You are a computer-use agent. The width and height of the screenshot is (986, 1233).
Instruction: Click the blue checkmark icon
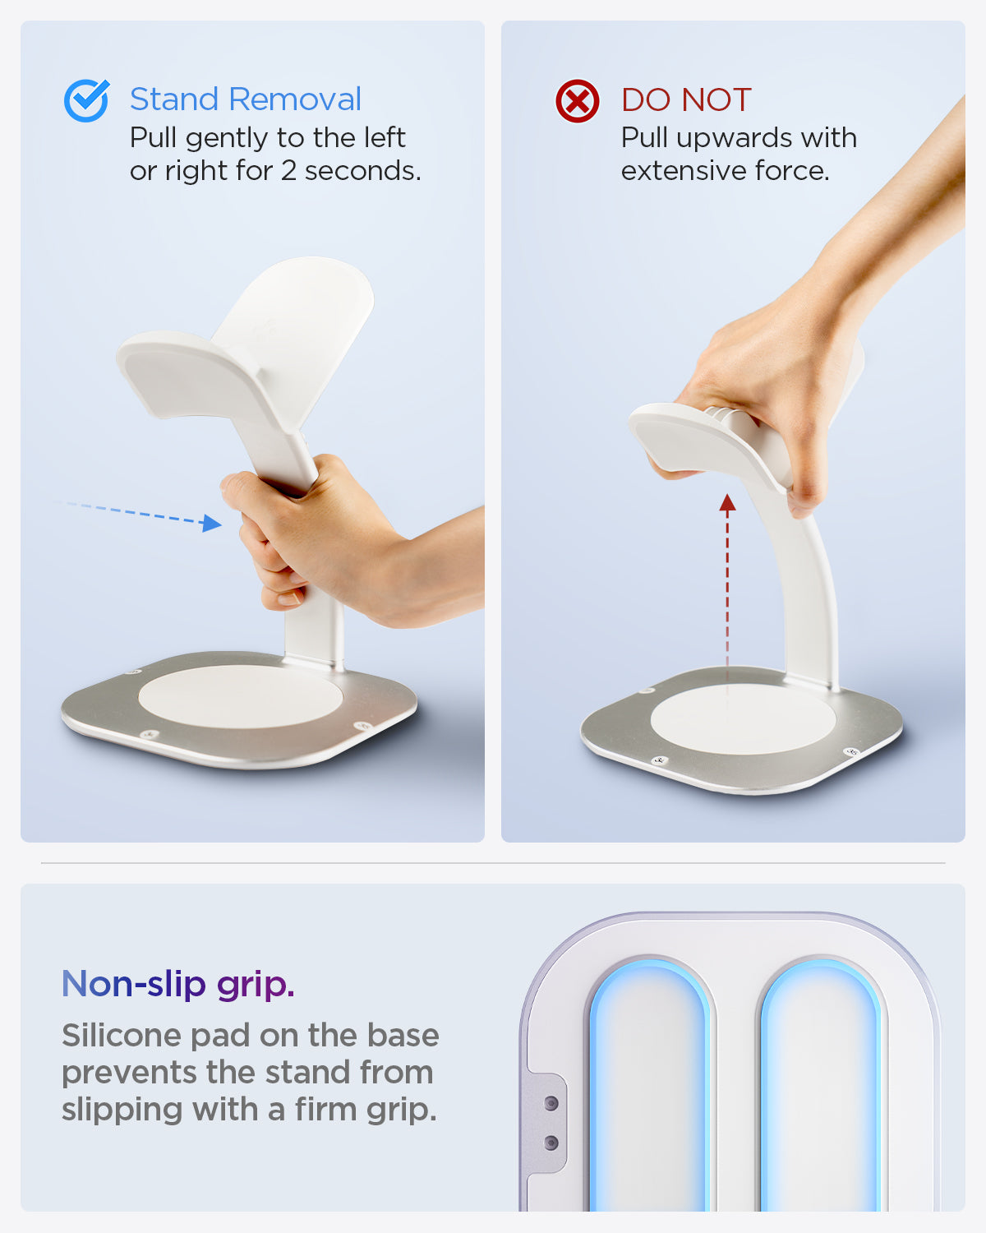[x=86, y=100]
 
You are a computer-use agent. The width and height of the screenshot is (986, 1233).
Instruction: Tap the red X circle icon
[x=577, y=101]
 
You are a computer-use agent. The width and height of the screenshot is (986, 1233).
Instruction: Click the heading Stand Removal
[x=245, y=99]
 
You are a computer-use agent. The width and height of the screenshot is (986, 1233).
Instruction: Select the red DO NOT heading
[x=686, y=99]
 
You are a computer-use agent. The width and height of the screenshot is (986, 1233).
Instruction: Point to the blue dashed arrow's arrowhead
[x=212, y=523]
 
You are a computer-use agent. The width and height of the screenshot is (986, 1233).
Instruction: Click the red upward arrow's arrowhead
[x=727, y=502]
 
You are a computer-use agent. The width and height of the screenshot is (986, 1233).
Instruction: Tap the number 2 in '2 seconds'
[x=288, y=171]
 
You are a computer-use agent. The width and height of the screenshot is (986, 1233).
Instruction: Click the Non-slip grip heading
[x=177, y=984]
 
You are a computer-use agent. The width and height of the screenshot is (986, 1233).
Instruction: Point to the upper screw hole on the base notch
[x=551, y=1103]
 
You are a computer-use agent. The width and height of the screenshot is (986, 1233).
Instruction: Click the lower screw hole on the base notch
[x=551, y=1143]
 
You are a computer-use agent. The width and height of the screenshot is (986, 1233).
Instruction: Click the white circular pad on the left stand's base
[x=241, y=697]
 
